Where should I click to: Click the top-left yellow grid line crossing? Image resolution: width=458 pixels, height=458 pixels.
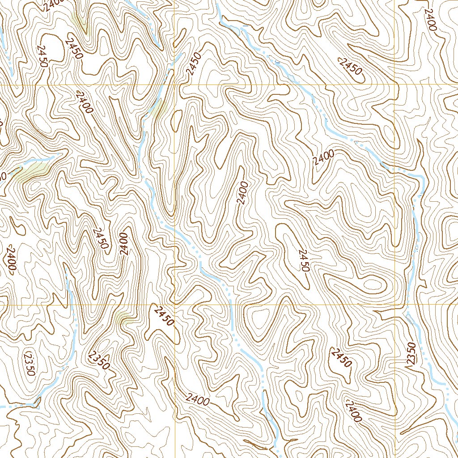[174, 85]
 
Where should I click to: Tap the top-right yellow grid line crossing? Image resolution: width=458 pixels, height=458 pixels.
[394, 85]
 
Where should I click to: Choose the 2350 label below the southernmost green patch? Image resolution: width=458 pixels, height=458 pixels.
[99, 360]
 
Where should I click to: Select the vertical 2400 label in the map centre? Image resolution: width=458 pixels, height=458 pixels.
[242, 193]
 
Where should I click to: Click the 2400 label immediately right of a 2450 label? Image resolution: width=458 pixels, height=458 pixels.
[124, 244]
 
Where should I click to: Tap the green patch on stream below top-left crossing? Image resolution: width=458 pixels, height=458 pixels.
[159, 108]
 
